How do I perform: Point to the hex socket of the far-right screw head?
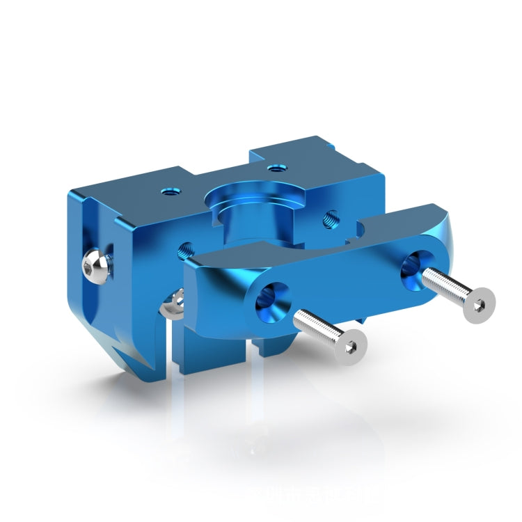pos(480,304)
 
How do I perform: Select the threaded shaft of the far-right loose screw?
pos(445,285)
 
